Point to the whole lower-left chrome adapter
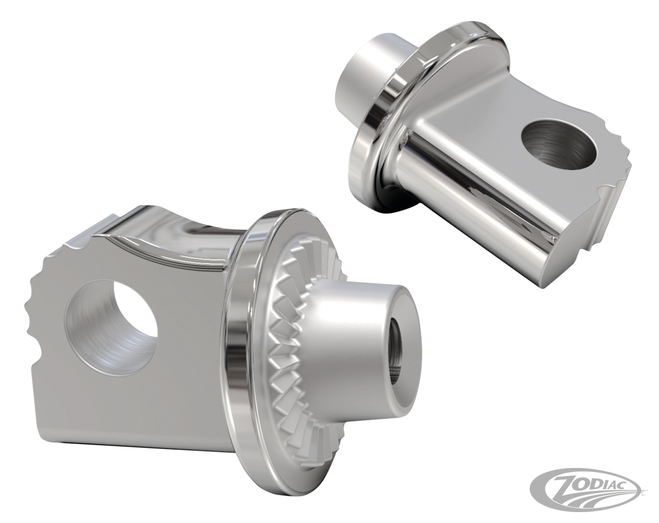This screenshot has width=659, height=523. click(218, 338)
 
